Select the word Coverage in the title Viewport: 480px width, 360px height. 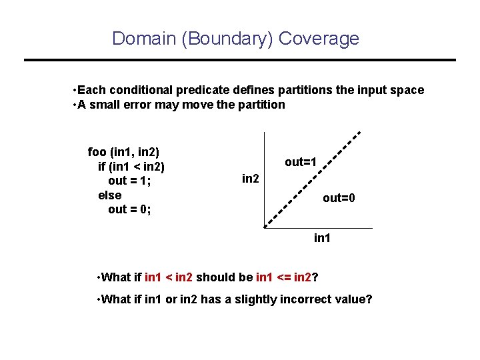(x=319, y=39)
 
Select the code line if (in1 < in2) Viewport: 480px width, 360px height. (x=131, y=166)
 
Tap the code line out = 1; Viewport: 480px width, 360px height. (x=129, y=181)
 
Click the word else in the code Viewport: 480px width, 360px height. (x=109, y=195)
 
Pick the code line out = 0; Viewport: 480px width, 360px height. (x=129, y=210)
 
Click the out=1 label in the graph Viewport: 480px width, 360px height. (x=301, y=162)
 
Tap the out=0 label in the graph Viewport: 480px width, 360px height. (x=339, y=198)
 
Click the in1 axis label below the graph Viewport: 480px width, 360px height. (x=323, y=238)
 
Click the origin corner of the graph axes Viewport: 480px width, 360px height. (x=265, y=228)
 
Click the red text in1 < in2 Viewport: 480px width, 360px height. (x=169, y=277)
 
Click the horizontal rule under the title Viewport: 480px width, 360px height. (x=239, y=60)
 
